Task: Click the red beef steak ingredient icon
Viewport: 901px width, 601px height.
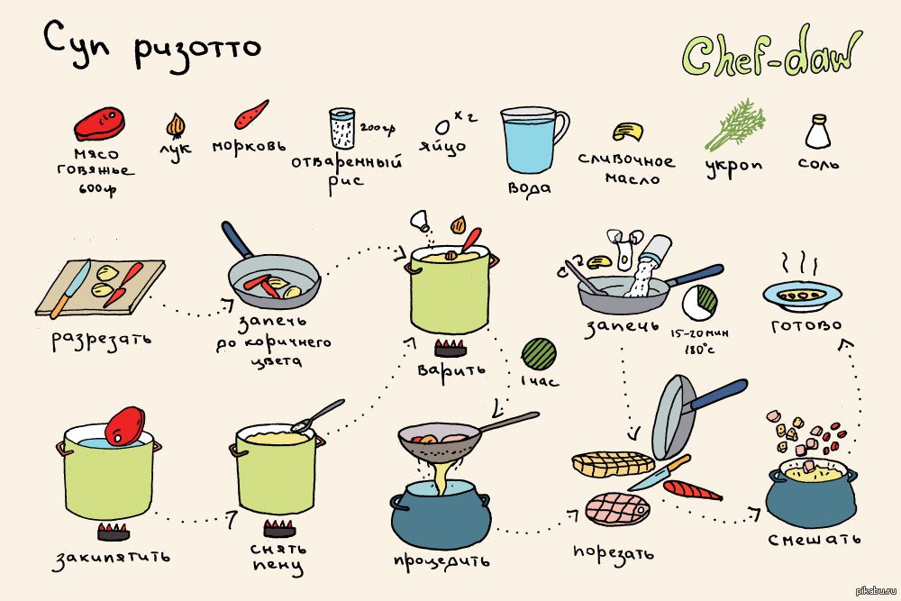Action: [x=99, y=123]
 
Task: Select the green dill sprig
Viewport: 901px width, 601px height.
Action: [x=736, y=124]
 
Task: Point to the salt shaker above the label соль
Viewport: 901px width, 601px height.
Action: [x=818, y=132]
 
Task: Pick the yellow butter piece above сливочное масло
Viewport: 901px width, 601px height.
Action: [x=627, y=132]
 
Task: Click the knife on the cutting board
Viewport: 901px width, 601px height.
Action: [x=70, y=289]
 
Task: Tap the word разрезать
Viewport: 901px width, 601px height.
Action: [x=102, y=340]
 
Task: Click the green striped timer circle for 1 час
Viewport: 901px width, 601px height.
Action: [x=539, y=353]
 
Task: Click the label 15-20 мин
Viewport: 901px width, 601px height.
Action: [x=699, y=333]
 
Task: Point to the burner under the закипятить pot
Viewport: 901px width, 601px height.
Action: [x=114, y=532]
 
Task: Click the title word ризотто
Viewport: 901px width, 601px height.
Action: [x=198, y=50]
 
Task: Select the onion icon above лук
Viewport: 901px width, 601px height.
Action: [x=176, y=126]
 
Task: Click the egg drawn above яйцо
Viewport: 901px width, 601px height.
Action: [x=442, y=126]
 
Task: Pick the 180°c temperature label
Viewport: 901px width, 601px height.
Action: [x=699, y=348]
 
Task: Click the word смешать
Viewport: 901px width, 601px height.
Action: [x=815, y=539]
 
